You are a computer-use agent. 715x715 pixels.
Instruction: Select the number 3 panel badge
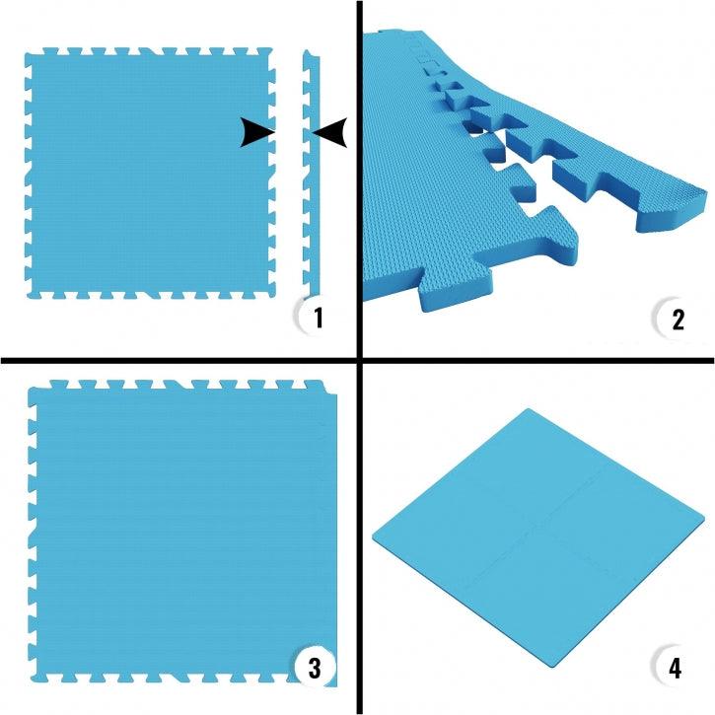coord(315,667)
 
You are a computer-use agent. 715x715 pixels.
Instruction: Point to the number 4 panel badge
coord(674,667)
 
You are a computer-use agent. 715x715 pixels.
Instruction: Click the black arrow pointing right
coord(257,133)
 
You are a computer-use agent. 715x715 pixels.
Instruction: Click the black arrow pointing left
coord(329,133)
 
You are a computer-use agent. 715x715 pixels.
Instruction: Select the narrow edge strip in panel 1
coord(312,174)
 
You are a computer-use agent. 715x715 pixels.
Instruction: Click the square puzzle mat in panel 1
coord(151,174)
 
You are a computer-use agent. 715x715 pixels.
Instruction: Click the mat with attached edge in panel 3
coord(182,533)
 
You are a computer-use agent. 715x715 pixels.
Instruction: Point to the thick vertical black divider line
coord(360,357)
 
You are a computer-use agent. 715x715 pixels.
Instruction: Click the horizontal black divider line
coord(357,361)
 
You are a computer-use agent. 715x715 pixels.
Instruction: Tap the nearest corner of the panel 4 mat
coord(553,668)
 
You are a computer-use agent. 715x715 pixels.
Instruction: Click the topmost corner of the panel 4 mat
coord(529,409)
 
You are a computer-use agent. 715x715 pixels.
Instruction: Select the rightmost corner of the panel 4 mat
coord(704,519)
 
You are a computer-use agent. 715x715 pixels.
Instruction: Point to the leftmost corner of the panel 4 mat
coord(374,536)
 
